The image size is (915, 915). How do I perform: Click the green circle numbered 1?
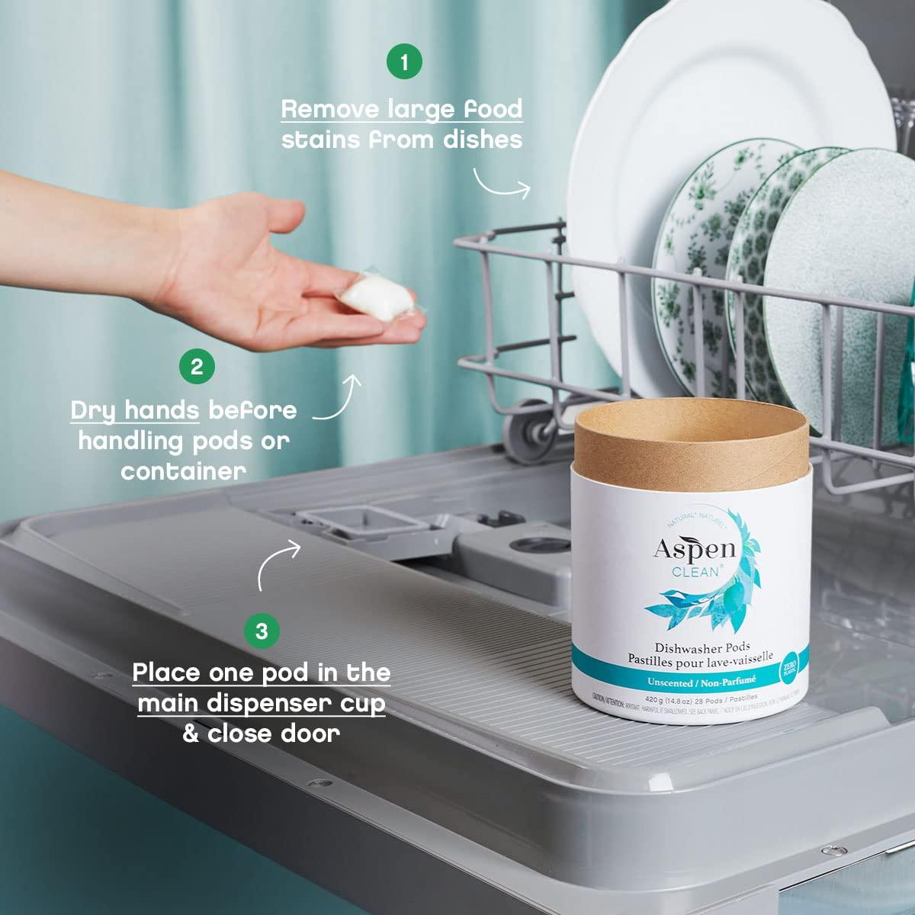[x=404, y=62]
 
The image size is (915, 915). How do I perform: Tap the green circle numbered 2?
[x=197, y=366]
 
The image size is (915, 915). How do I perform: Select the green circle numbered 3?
[x=262, y=631]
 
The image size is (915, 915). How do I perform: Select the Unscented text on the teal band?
[x=659, y=682]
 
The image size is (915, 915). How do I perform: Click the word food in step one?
[x=493, y=108]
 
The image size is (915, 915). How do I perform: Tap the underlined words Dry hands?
[x=134, y=410]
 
